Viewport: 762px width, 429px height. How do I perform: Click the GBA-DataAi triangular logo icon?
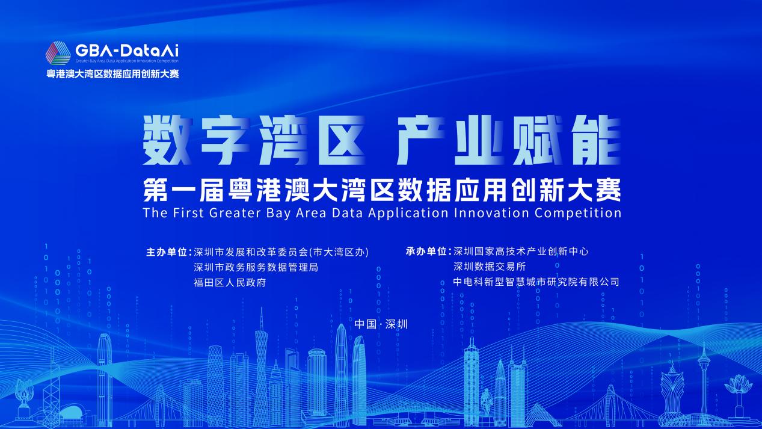pyautogui.click(x=58, y=53)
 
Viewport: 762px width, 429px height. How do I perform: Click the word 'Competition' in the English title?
pyautogui.click(x=578, y=213)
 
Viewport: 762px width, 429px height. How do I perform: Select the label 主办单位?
pyautogui.click(x=167, y=252)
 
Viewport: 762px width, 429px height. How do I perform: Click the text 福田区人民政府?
pyautogui.click(x=230, y=282)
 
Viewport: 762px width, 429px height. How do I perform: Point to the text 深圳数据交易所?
pyautogui.click(x=490, y=267)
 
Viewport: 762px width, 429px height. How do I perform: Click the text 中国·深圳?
pyautogui.click(x=381, y=324)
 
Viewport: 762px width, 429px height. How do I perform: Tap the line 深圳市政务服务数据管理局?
pyautogui.click(x=256, y=267)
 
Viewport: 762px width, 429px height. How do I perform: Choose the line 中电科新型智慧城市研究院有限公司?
pyautogui.click(x=536, y=282)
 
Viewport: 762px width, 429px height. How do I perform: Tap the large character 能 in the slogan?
pyautogui.click(x=597, y=140)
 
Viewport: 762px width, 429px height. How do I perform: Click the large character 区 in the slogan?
pyautogui.click(x=342, y=140)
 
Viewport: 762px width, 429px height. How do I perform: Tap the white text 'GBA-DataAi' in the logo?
pyautogui.click(x=127, y=51)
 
